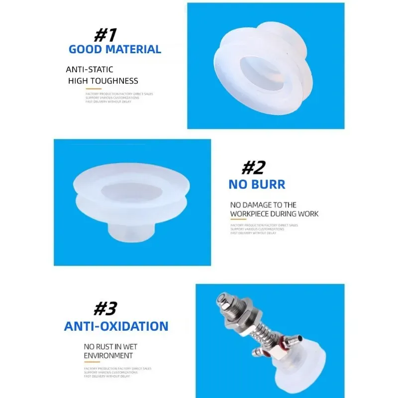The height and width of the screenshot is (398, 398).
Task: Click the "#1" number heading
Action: tap(105, 35)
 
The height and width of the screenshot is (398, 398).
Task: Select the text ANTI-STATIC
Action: tap(90, 70)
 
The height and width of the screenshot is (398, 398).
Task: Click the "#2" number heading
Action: tap(253, 168)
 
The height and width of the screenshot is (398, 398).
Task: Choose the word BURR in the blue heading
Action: tap(269, 185)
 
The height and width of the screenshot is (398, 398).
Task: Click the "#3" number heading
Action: tap(105, 309)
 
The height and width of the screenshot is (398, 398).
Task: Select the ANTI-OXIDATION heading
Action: tap(116, 326)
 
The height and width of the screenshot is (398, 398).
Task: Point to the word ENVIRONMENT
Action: tap(108, 356)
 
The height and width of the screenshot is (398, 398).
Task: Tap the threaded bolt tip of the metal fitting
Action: tap(219, 298)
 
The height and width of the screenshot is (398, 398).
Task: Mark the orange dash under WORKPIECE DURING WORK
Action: tap(235, 221)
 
